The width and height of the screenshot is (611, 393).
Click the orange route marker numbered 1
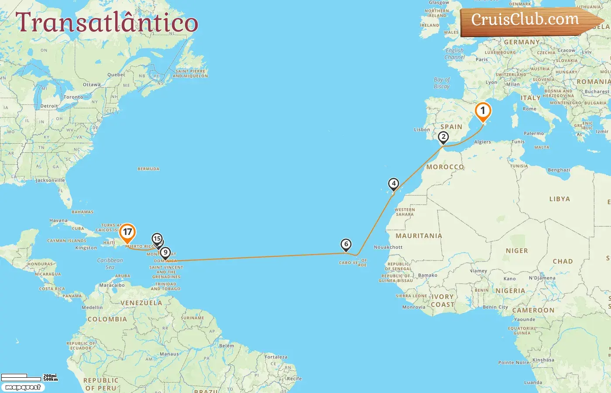pyautogui.click(x=483, y=111)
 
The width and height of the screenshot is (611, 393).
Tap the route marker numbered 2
pyautogui.click(x=443, y=137)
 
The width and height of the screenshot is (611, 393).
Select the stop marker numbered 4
pyautogui.click(x=394, y=184)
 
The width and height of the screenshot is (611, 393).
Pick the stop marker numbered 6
pyautogui.click(x=346, y=245)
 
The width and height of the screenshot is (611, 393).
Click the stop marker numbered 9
pyautogui.click(x=165, y=253)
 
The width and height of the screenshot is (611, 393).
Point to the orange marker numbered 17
pyautogui.click(x=127, y=232)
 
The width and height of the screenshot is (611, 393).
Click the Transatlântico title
pyautogui.click(x=107, y=23)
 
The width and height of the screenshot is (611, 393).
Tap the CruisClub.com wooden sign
pyautogui.click(x=528, y=21)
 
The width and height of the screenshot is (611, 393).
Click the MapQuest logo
pyautogui.click(x=23, y=387)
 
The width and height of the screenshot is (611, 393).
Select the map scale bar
pyautogui.click(x=29, y=377)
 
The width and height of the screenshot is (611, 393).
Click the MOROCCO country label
pyautogui.click(x=445, y=167)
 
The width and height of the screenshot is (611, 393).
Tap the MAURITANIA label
pyautogui.click(x=419, y=236)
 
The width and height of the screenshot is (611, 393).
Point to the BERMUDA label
pyautogui.click(x=148, y=169)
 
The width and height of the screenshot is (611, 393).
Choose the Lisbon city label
pyautogui.click(x=422, y=130)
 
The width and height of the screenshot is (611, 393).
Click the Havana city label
pyautogui.click(x=58, y=221)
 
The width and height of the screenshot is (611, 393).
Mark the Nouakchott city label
pyautogui.click(x=388, y=247)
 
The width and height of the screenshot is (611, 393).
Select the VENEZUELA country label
pyautogui.click(x=141, y=303)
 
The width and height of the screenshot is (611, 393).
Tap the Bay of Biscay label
pyautogui.click(x=442, y=83)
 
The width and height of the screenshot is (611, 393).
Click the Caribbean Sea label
pyautogui.click(x=110, y=264)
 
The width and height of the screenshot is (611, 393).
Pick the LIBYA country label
pyautogui.click(x=560, y=199)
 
